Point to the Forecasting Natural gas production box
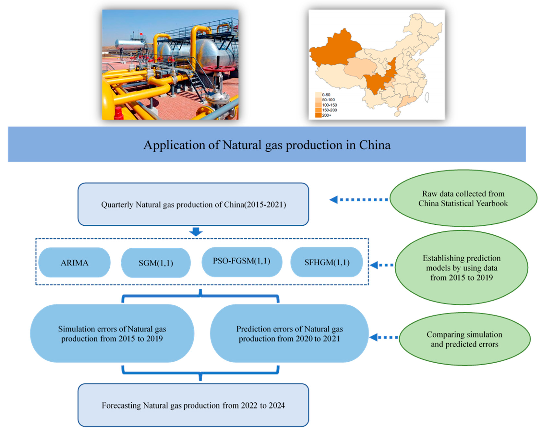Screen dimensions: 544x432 tap(193, 405)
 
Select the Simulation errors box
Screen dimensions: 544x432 tap(112, 333)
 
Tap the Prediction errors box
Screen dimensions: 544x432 tap(289, 333)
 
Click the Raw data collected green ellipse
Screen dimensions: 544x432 tap(463, 198)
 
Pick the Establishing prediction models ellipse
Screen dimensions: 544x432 tap(461, 268)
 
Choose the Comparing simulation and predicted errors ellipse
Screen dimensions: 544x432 tap(465, 339)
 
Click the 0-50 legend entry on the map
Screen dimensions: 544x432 tap(323, 95)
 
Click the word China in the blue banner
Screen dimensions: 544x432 tap(375, 145)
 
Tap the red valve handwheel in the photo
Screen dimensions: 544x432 tap(219, 68)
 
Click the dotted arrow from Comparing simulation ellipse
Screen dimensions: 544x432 tap(383, 337)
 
